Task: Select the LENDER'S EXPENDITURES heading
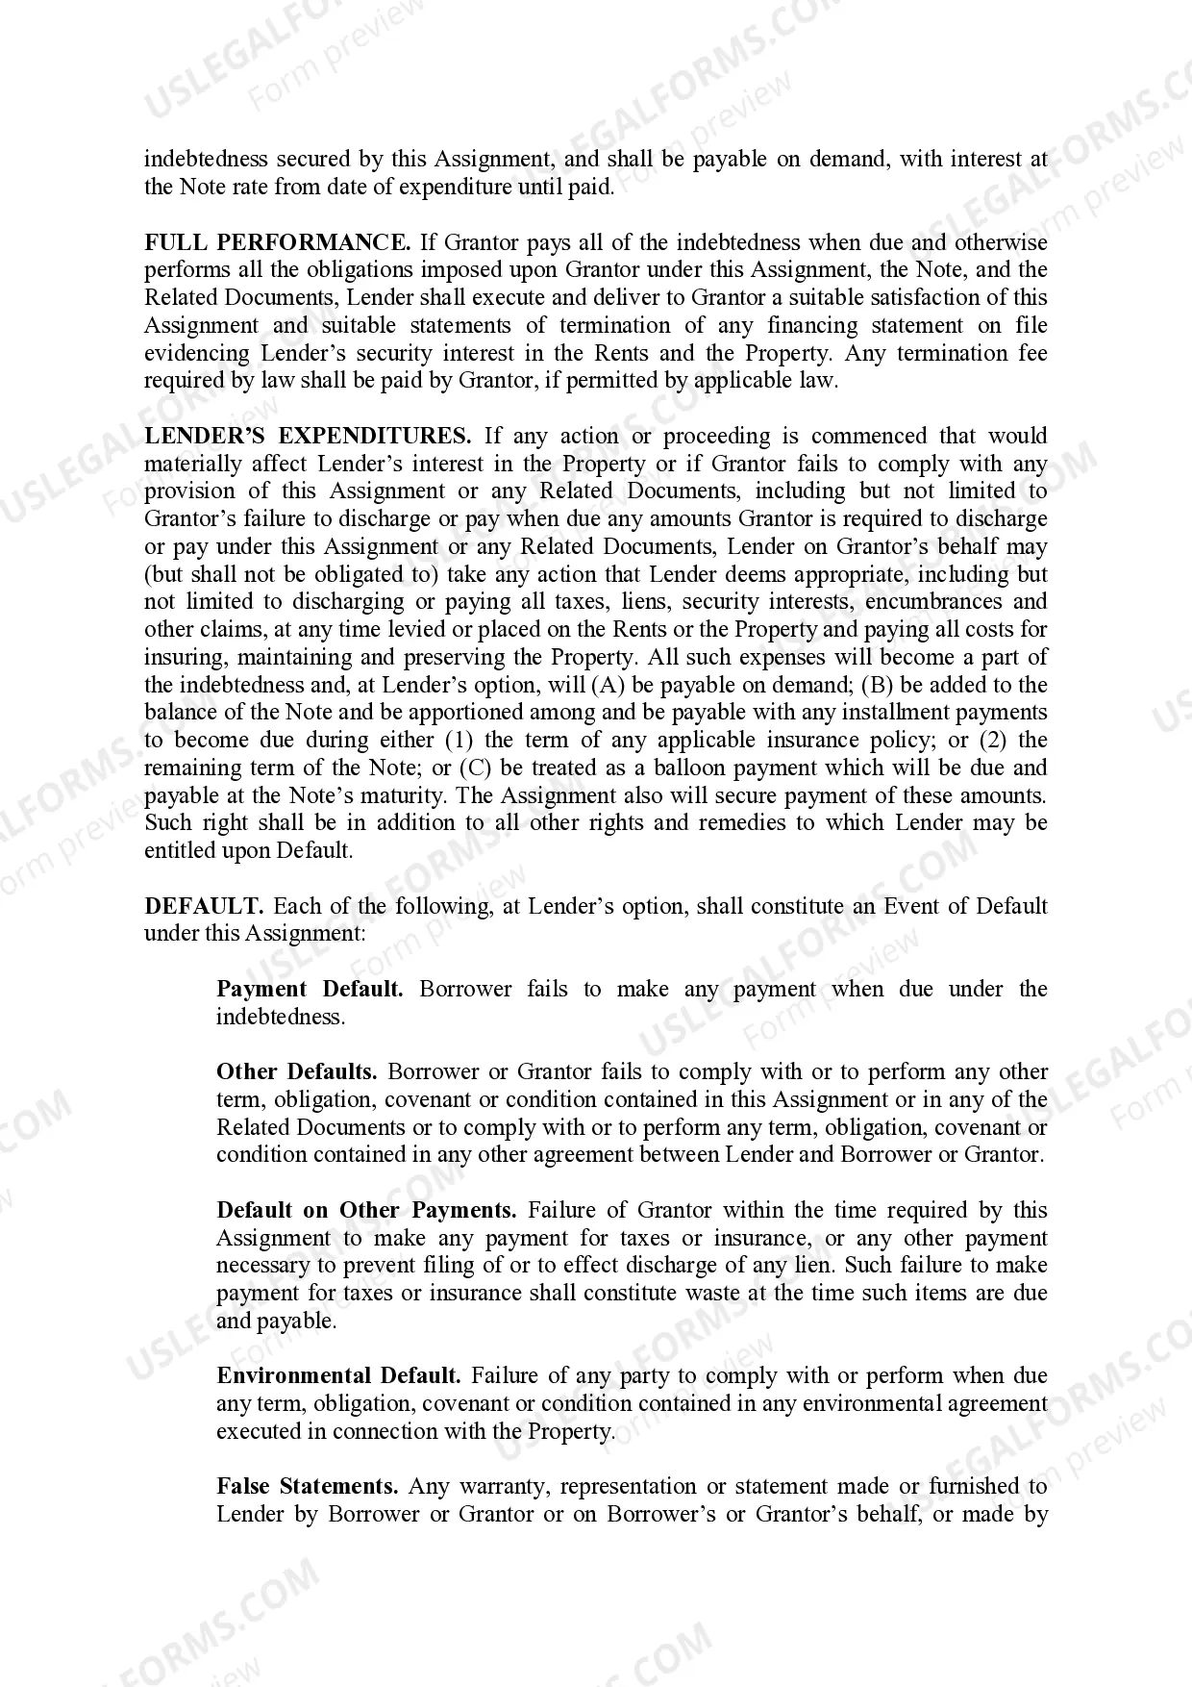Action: tap(308, 436)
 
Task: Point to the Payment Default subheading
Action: tap(310, 989)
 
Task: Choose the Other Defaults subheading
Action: tap(297, 1071)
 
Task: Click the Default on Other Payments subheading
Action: tap(366, 1210)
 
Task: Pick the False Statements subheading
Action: tap(307, 1486)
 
